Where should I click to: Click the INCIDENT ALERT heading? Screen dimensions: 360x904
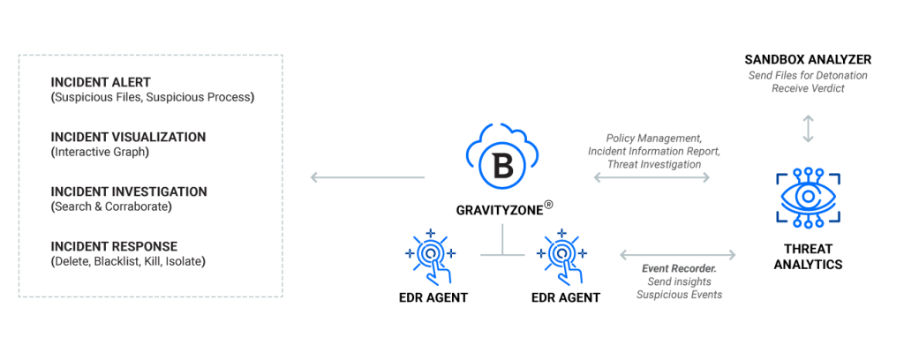pos(101,82)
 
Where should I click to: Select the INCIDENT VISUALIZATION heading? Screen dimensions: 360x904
pos(128,138)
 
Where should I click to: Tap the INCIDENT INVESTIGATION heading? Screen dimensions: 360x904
pos(129,191)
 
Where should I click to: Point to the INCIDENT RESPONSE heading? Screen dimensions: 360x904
pos(114,246)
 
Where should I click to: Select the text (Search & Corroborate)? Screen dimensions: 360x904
pos(110,206)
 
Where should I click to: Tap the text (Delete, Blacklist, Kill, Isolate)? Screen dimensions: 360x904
pos(128,261)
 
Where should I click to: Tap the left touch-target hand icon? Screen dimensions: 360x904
pos(430,255)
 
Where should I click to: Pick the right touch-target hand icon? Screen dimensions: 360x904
pos(561,255)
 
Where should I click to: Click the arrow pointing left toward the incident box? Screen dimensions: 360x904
pos(366,178)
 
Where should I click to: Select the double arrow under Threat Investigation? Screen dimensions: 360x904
pos(652,177)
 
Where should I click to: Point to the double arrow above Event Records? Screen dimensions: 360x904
pos(677,254)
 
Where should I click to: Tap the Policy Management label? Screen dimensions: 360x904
pos(653,139)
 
